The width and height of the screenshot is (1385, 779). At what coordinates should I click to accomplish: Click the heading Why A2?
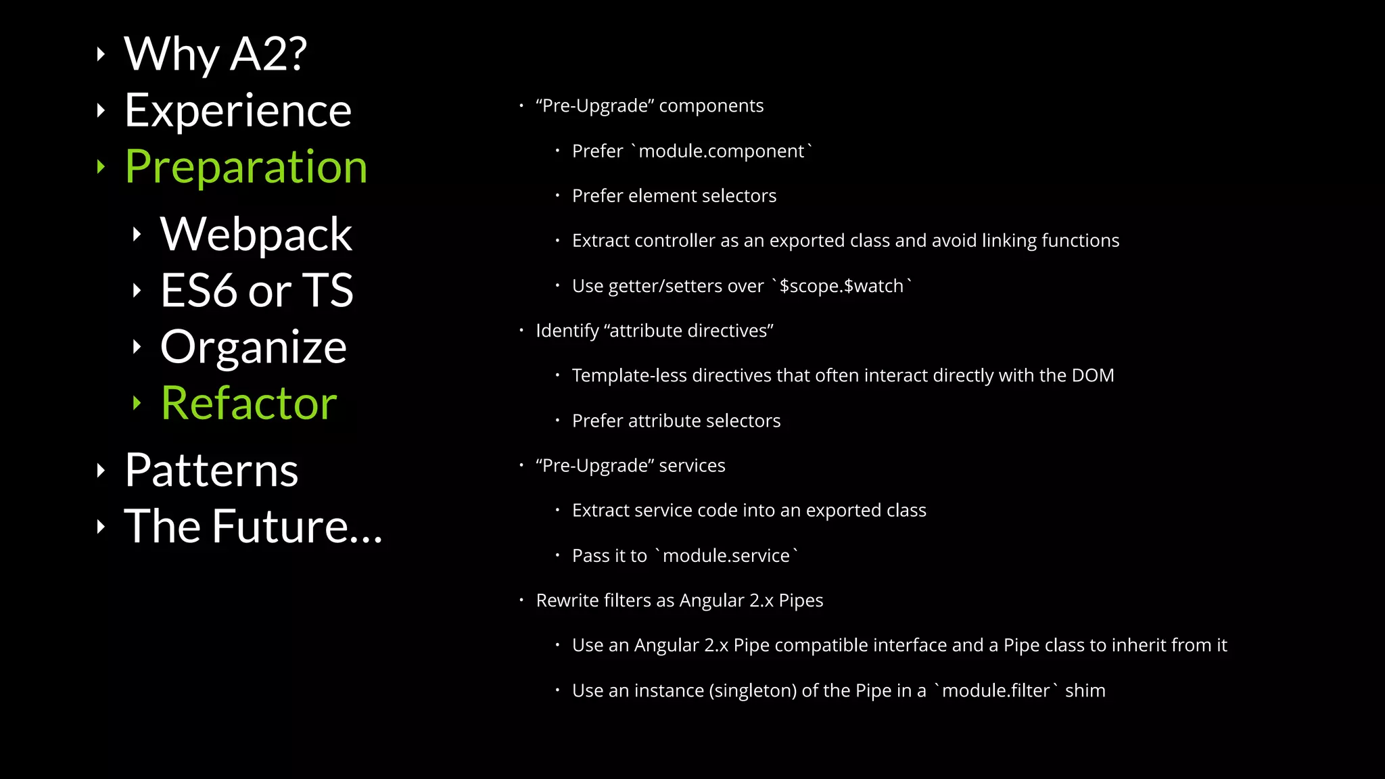point(215,54)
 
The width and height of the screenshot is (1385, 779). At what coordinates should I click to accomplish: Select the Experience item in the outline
point(238,110)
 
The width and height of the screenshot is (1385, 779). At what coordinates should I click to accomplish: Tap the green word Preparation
point(246,166)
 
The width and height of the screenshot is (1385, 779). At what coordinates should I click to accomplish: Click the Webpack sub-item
point(256,234)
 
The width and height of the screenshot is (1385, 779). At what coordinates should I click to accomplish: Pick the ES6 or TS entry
point(257,290)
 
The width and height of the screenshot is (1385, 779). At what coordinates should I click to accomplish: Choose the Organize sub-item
point(254,347)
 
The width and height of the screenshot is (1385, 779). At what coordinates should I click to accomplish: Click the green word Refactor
point(249,403)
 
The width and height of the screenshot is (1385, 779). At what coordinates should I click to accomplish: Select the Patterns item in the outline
point(211,470)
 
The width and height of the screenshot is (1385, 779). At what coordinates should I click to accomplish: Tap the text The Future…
point(254,526)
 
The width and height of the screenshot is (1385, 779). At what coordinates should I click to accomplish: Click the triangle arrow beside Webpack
point(137,235)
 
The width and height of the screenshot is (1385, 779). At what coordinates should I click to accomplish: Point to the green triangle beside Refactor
point(137,403)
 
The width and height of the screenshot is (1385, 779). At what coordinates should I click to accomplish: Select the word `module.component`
point(721,151)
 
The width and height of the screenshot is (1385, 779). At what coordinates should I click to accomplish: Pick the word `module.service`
point(726,556)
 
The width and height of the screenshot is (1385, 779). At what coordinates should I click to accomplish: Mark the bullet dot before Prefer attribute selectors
point(557,421)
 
